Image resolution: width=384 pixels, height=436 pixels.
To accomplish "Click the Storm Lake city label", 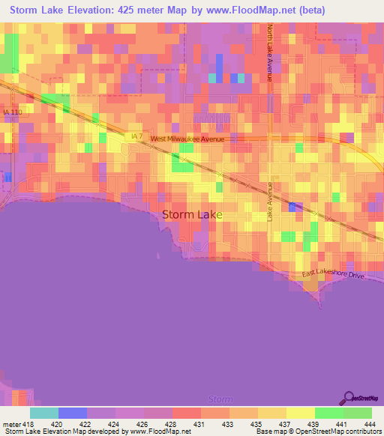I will (192, 215).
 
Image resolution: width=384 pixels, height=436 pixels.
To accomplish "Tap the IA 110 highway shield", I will (13, 112).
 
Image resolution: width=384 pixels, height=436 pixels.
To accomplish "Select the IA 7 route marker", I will (135, 136).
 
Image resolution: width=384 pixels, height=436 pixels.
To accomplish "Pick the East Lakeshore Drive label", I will (334, 276).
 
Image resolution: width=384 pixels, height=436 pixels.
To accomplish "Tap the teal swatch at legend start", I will (43, 413).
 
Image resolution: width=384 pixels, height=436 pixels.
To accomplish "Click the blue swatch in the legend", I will (72, 413).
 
